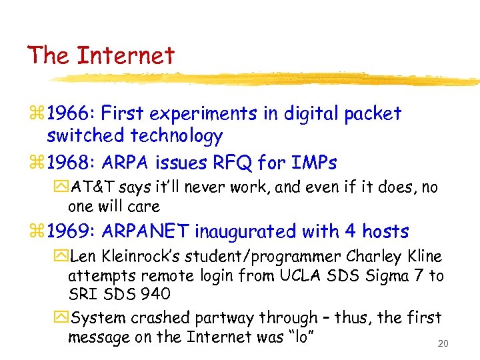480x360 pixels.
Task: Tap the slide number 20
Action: click(443, 344)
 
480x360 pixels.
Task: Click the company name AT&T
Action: click(92, 188)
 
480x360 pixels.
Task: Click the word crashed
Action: click(154, 318)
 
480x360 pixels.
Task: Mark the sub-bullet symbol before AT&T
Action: click(62, 188)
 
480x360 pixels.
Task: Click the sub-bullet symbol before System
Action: click(62, 318)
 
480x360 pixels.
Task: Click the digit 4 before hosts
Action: click(350, 231)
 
